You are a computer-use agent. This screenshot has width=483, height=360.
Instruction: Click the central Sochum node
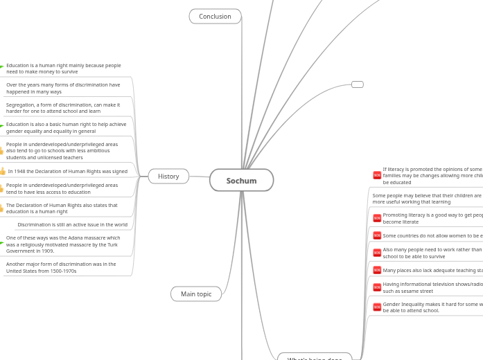[x=241, y=180]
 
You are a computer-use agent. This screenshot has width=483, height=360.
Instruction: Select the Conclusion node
[x=215, y=16]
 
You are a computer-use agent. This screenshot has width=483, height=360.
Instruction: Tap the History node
[x=168, y=176]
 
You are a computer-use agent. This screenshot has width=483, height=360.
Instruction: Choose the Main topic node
[x=196, y=294]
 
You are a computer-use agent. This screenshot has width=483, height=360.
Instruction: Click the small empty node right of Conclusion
[x=357, y=84]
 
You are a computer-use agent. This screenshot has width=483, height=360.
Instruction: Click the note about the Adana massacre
[x=63, y=244]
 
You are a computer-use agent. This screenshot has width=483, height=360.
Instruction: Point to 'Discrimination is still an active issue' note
[x=72, y=224]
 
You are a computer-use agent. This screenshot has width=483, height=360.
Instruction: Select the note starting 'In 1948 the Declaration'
[x=67, y=171]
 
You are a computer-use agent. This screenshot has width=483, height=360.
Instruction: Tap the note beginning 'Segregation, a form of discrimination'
[x=63, y=107]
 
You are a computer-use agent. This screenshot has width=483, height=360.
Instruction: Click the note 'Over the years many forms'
[x=63, y=88]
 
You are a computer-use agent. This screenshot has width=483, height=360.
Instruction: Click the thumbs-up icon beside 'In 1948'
[x=3, y=171]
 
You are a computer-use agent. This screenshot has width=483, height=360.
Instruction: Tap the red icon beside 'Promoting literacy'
[x=377, y=218]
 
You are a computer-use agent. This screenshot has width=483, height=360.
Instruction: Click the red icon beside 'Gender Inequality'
[x=377, y=307]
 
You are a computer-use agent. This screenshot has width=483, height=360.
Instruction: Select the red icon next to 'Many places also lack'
[x=377, y=270]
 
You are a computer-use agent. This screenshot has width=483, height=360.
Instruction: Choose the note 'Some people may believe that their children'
[x=427, y=199]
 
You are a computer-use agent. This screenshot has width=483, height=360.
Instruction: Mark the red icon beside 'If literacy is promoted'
[x=377, y=175]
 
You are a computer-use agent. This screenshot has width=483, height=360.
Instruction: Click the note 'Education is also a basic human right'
[x=66, y=127]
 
